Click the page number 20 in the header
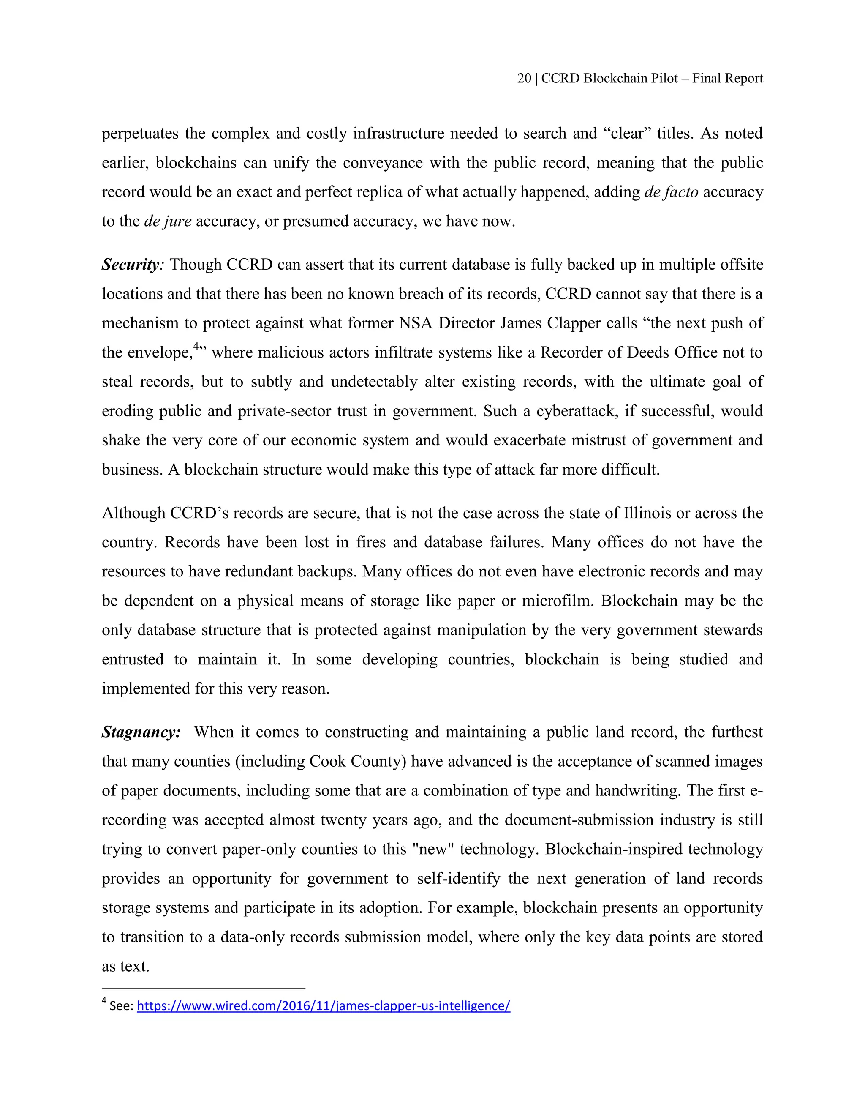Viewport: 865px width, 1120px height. [524, 79]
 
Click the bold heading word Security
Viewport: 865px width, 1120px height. [130, 265]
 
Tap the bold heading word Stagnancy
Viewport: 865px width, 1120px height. [141, 732]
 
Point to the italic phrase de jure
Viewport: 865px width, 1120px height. [168, 221]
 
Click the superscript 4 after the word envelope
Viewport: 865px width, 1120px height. [196, 347]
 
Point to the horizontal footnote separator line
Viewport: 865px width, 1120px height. [204, 988]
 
